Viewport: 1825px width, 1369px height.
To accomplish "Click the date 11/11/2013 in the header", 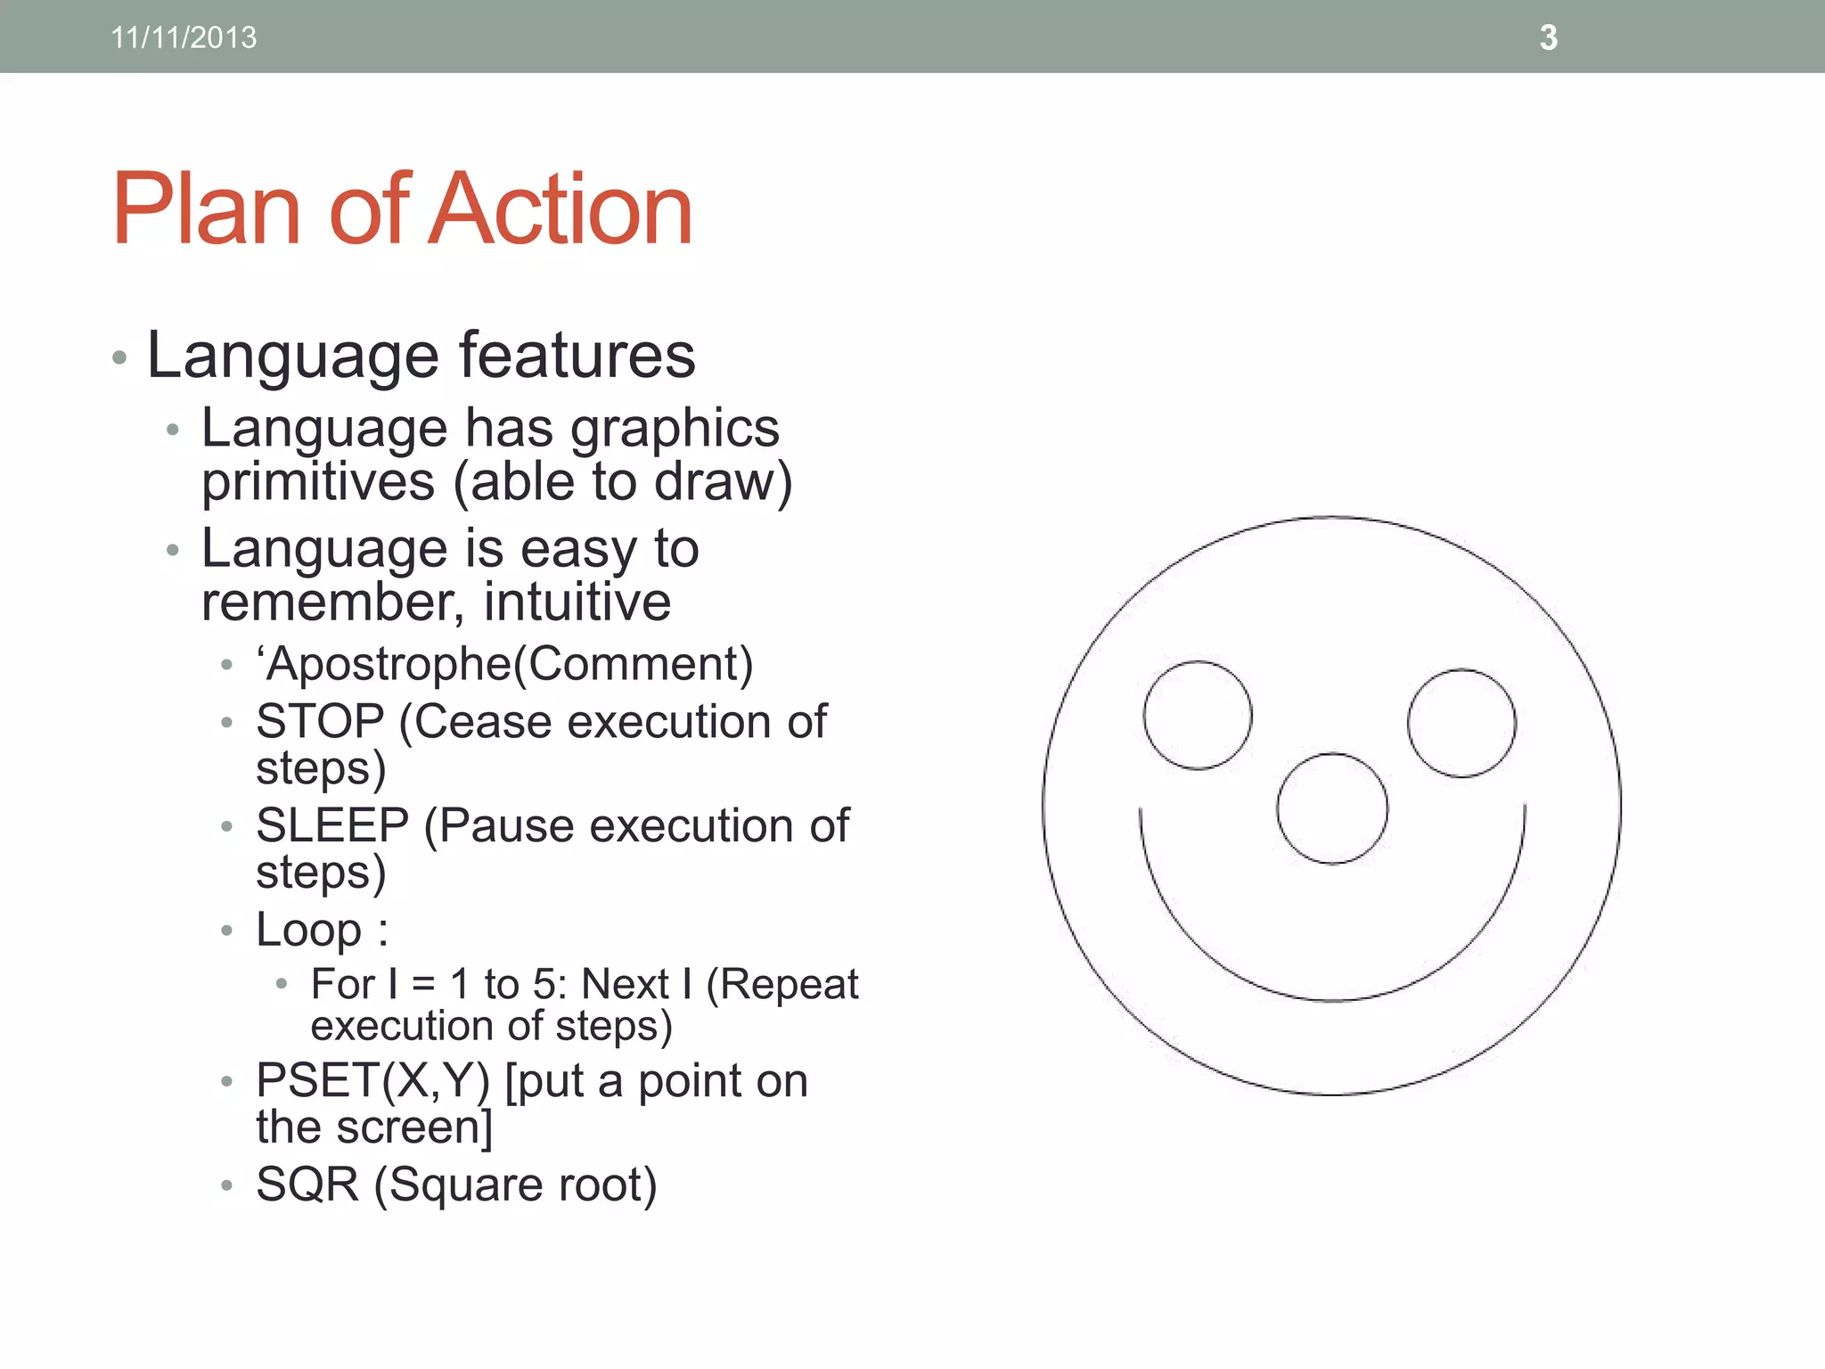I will (x=184, y=37).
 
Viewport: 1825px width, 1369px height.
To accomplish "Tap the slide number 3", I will (x=1548, y=37).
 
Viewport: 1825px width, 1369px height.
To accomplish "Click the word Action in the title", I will (x=560, y=209).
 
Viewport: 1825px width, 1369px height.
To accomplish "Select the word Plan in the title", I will (x=206, y=209).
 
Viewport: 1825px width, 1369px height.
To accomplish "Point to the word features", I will (x=577, y=355).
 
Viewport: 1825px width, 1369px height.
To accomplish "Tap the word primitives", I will (x=318, y=482).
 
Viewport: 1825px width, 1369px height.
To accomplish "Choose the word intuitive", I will (x=577, y=602).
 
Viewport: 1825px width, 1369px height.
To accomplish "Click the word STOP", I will (x=320, y=721).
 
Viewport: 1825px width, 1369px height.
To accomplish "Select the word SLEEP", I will (x=332, y=825).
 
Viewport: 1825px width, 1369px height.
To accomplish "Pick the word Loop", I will (x=308, y=930).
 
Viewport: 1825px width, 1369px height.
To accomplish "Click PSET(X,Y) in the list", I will (x=372, y=1080).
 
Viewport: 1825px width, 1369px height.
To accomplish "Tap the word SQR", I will (x=307, y=1185).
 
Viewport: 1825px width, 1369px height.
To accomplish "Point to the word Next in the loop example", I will (x=624, y=985).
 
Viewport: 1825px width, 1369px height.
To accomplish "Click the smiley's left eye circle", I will (x=1198, y=715).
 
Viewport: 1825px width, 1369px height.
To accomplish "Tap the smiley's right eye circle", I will (x=1461, y=723).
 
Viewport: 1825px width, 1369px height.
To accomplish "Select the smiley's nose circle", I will (x=1331, y=808).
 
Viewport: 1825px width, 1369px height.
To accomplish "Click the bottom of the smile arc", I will (x=1332, y=1001).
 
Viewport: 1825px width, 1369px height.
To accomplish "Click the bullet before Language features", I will (x=120, y=358).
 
